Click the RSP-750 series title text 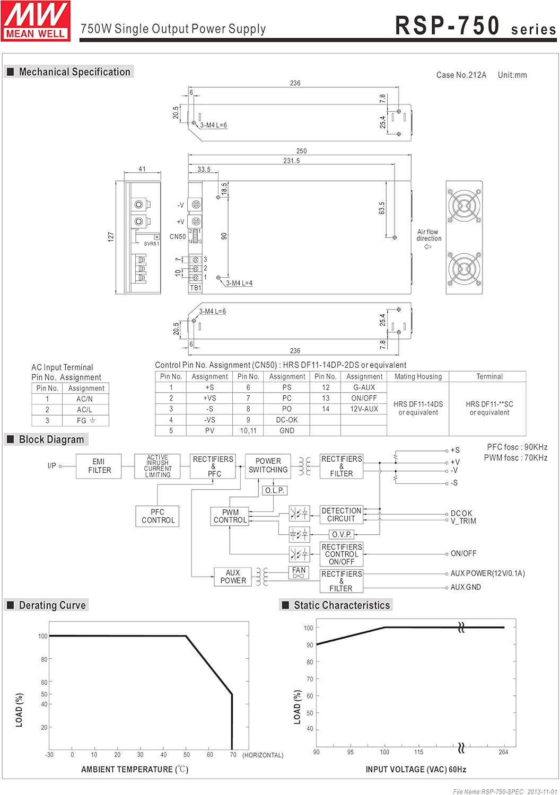point(475,26)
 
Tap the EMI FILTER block point(99,466)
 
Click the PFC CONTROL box point(157,516)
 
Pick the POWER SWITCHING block point(268,465)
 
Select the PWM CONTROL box point(230,516)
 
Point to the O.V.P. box point(342,534)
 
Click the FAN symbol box point(299,572)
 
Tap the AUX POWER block point(233,577)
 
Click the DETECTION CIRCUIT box point(342,515)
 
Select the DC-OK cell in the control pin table point(287,420)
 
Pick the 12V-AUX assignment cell point(364,409)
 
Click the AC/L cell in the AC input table point(84,410)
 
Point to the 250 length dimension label point(301,151)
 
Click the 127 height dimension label point(111,236)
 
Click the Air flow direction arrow point(428,247)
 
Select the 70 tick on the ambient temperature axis point(233,755)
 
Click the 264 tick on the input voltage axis point(503,752)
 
